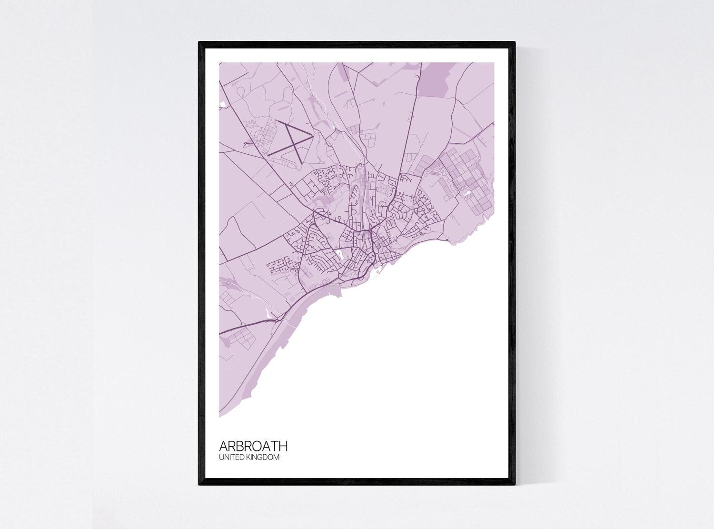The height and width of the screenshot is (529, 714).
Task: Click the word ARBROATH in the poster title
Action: (x=253, y=446)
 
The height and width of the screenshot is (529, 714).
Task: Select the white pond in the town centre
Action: (x=340, y=255)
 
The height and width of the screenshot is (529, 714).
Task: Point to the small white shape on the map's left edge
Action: (x=221, y=103)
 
